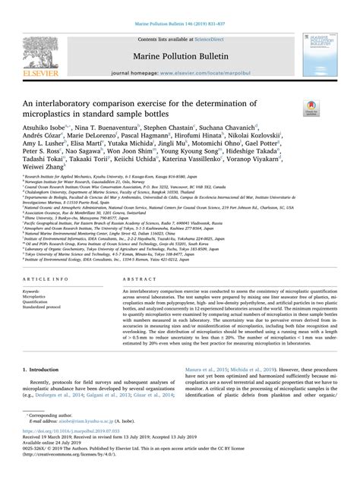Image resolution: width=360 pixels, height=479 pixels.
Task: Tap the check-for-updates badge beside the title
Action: pos(310,107)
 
